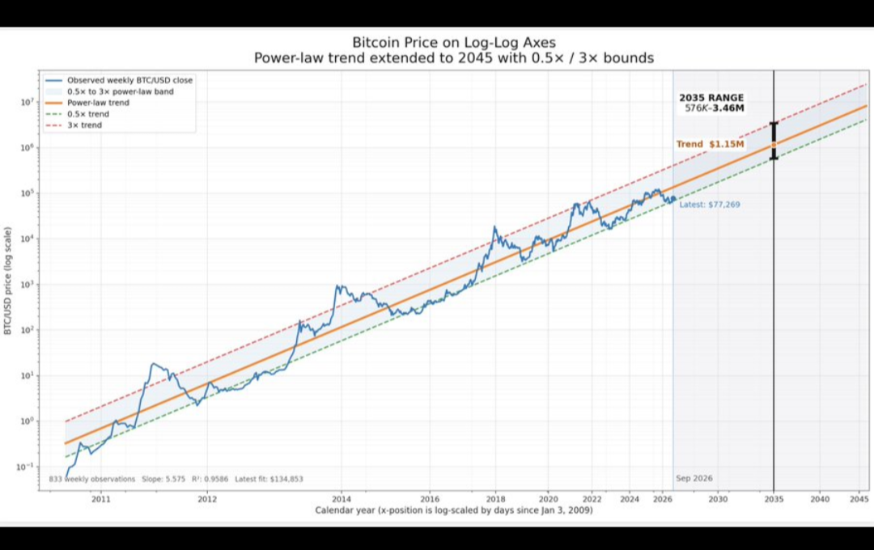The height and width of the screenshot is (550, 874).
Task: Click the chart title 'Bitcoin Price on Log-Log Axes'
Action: click(454, 42)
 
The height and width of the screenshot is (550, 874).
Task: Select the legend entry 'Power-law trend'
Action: click(98, 103)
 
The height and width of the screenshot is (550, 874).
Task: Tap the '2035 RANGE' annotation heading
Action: click(711, 98)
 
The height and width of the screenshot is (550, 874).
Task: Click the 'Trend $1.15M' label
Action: click(711, 144)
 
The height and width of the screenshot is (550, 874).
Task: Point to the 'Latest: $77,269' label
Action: click(710, 205)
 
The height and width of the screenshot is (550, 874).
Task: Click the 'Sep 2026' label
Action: click(694, 478)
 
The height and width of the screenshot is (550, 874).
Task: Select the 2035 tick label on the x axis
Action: click(774, 499)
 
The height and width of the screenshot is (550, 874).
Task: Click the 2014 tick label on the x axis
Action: click(342, 499)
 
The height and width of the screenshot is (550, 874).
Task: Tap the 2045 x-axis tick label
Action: click(859, 499)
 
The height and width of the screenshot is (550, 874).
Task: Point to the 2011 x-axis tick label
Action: click(101, 499)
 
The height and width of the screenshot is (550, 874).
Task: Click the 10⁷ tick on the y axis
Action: click(26, 103)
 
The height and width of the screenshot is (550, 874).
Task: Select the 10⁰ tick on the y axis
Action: click(26, 421)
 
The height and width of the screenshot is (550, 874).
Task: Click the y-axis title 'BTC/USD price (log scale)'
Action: click(8, 281)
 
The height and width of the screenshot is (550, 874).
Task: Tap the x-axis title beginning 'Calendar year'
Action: click(454, 510)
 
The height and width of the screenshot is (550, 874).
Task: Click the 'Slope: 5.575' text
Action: click(163, 479)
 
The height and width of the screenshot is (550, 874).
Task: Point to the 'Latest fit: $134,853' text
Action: click(269, 479)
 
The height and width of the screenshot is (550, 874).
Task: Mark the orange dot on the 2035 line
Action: click(774, 144)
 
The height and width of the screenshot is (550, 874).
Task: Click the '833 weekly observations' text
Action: click(92, 479)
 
